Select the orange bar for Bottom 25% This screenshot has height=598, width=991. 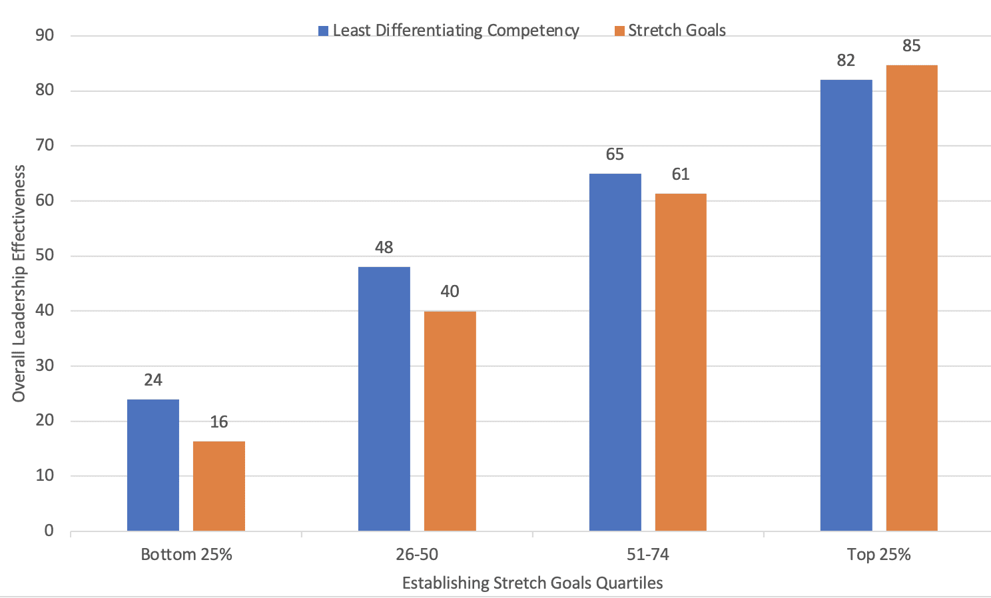pyautogui.click(x=219, y=486)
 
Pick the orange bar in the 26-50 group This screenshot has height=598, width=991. pyautogui.click(x=450, y=421)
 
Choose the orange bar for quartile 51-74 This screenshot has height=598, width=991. pyautogui.click(x=681, y=362)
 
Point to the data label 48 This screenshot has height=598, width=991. pyautogui.click(x=384, y=248)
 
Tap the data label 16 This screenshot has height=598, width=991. pyautogui.click(x=219, y=422)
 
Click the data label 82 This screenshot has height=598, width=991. pyautogui.click(x=846, y=61)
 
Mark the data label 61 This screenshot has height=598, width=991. pyautogui.click(x=681, y=174)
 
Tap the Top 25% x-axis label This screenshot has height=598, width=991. pyautogui.click(x=878, y=555)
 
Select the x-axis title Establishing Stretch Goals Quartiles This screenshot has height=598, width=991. pyautogui.click(x=532, y=583)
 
